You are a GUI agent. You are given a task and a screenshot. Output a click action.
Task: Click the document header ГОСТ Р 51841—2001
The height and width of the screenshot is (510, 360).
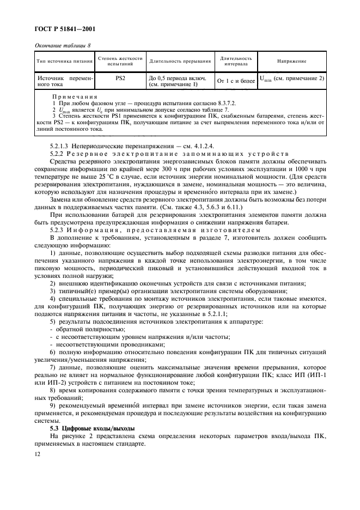(62, 28)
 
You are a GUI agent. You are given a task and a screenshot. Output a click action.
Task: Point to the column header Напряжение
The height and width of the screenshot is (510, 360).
(291, 61)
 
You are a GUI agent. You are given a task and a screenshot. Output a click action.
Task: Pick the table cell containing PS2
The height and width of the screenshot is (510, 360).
(121, 78)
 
